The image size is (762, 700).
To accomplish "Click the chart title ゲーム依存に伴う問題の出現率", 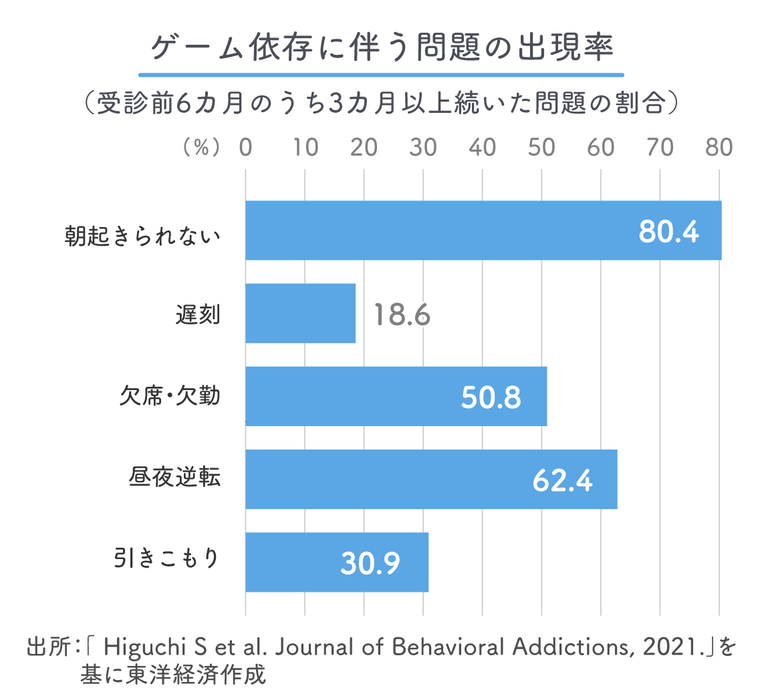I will click(381, 49).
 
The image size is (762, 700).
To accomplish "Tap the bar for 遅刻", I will click(300, 313).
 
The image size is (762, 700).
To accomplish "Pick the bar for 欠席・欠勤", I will click(396, 396).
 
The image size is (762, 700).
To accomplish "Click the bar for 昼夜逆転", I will click(430, 479).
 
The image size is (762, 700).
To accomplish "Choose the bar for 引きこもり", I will click(336, 562).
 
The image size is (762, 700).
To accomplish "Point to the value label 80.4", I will click(668, 232).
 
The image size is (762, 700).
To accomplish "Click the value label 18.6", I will click(401, 315).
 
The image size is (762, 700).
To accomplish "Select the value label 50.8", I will click(491, 397).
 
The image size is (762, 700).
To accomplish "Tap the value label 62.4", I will click(563, 480).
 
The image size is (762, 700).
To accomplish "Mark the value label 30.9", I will click(370, 563).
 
